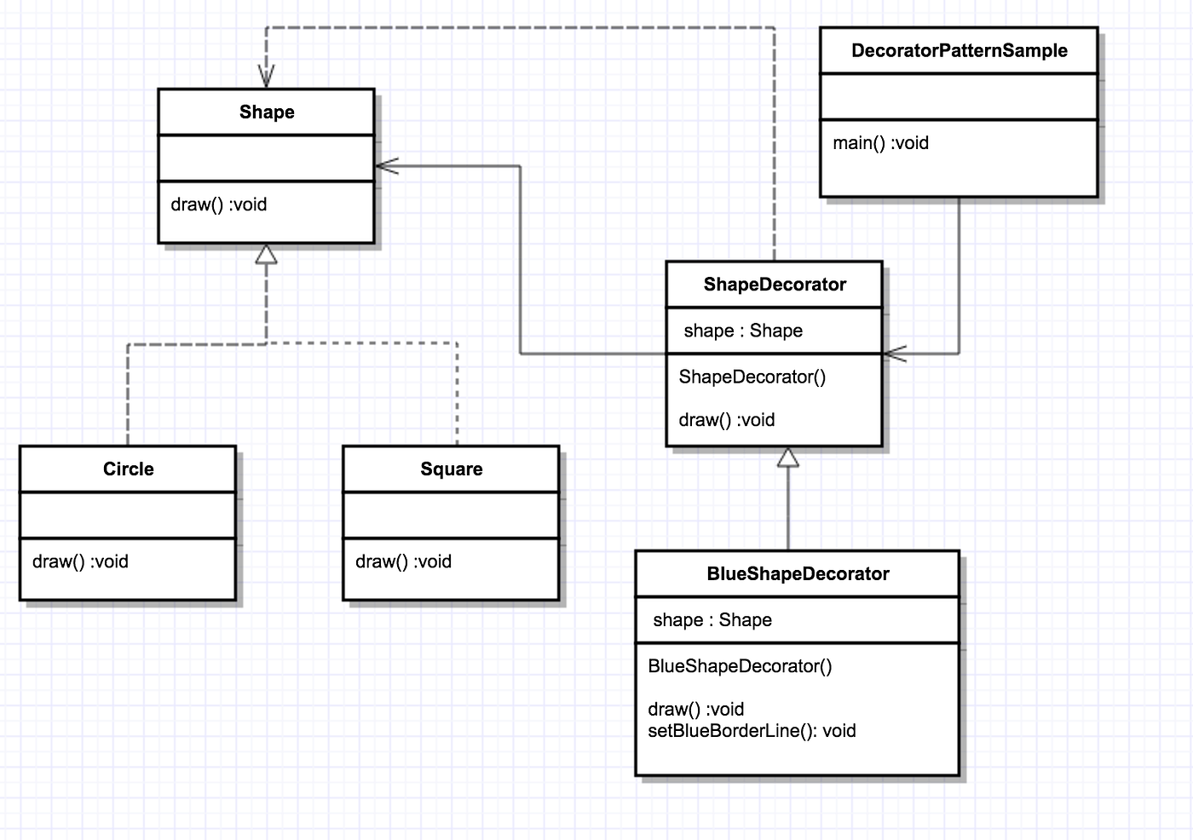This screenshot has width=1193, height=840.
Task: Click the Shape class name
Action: coord(267,112)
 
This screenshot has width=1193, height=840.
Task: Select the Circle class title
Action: coord(128,469)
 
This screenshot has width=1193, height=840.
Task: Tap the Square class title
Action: coord(451,469)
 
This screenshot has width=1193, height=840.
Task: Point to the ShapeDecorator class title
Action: coord(775,285)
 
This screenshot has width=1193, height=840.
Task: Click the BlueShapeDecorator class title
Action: coord(798,574)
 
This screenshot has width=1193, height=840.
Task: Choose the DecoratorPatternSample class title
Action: coord(959,51)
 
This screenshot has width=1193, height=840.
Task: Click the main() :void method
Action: coord(880,143)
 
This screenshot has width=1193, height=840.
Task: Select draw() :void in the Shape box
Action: coord(219,204)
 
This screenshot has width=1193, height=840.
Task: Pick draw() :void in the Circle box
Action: coord(80,561)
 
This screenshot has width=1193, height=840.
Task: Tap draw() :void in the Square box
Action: coord(403,561)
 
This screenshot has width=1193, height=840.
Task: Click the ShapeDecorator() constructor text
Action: coord(752,377)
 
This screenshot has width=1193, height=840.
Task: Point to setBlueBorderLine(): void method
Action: coord(752,731)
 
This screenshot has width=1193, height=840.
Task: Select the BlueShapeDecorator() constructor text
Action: coord(740,666)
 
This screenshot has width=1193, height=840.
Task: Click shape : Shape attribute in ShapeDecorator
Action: coord(743,331)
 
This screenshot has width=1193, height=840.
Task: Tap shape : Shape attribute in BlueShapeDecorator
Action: coord(712,620)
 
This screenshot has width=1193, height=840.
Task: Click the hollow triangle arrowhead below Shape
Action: coord(267,255)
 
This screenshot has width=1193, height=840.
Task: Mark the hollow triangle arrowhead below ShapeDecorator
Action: coord(788,458)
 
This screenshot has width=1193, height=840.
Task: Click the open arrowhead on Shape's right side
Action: coord(386,166)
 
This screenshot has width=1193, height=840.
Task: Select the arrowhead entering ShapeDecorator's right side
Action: coord(895,354)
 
